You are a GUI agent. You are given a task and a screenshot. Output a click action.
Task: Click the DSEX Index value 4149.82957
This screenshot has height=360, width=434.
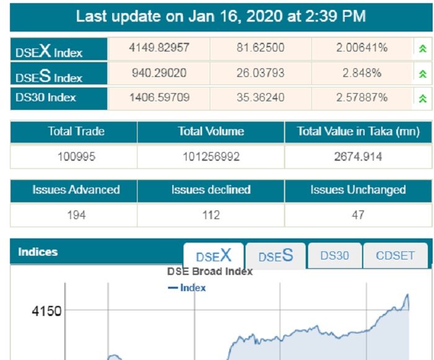[159, 48]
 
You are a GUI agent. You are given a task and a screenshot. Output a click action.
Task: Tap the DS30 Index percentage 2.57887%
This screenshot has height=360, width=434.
[362, 97]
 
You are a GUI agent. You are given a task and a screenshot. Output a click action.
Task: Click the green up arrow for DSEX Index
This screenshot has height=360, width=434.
[423, 49]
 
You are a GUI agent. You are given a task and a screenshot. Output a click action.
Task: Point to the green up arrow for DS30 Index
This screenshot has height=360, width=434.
[423, 98]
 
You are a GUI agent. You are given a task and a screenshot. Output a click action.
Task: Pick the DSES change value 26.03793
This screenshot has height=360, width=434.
[260, 73]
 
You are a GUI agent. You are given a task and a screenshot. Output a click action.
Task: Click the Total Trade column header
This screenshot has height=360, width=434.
[76, 132]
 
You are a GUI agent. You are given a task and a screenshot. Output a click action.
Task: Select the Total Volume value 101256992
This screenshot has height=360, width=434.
[211, 156]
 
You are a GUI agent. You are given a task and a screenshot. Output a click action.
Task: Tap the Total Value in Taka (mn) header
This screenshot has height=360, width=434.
[358, 132]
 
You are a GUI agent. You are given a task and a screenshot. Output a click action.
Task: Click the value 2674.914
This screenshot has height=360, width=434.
[358, 156]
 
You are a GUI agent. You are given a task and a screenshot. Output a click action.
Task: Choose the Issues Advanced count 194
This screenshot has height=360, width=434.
[76, 215]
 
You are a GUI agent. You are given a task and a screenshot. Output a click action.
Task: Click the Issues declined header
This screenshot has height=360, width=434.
[211, 190]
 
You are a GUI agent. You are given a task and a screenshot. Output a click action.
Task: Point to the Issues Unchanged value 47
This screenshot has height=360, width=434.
[358, 215]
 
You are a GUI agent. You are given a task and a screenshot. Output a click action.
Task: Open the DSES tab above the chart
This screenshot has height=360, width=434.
[275, 256]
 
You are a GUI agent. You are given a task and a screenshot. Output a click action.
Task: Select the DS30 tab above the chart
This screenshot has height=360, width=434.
[335, 256]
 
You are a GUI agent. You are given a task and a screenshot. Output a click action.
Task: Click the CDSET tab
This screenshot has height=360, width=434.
[395, 256]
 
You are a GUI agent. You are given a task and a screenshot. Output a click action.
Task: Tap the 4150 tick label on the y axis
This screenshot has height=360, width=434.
[46, 310]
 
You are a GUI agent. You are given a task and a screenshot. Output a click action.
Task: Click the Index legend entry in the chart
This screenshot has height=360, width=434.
[188, 288]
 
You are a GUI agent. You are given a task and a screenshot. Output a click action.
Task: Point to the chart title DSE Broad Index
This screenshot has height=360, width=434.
[210, 271]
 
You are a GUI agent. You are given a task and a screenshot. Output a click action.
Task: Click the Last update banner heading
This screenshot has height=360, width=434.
[221, 16]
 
